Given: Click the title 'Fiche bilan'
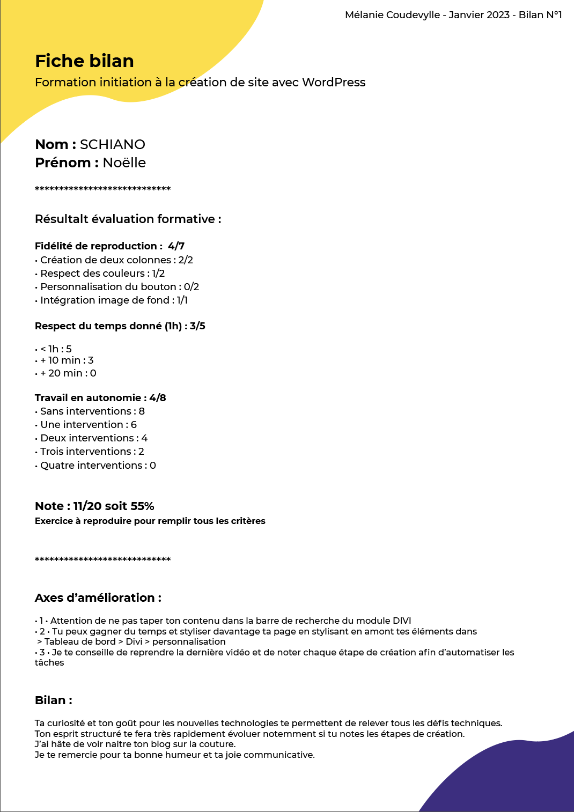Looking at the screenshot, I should pos(84,61).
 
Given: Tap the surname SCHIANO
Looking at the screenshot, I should pos(113,144).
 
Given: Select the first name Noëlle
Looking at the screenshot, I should pos(124,163).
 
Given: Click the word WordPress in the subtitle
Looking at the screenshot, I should pos(334,82).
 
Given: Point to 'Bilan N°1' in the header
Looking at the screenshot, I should pos(540,15).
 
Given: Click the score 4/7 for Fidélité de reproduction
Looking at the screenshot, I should pos(176,246).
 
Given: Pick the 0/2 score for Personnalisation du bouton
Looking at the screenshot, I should pos(192,287).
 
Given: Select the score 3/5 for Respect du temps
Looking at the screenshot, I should pos(197,326).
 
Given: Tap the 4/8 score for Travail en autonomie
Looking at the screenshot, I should pos(158,398).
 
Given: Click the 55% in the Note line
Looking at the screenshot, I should pos(142,506).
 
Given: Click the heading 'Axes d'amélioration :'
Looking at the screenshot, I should pos(98,598).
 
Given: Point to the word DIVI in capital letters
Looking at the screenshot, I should pos(401,621).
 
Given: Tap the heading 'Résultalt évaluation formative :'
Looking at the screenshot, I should pos(128,219).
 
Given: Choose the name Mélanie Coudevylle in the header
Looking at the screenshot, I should pos(392,15).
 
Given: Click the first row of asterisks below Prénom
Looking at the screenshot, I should pos(102,189).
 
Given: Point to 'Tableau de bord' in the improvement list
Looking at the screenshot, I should pos(80,642).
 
